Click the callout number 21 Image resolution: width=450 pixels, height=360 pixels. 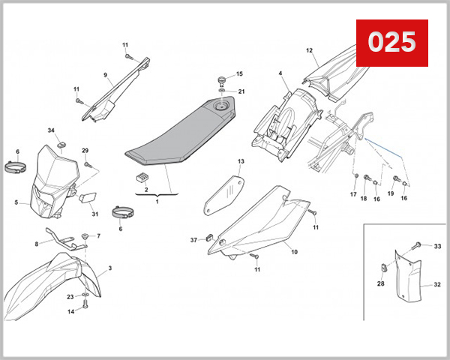(241, 91)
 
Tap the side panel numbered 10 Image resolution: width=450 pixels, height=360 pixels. (270, 217)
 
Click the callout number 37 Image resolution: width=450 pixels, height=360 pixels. (193, 239)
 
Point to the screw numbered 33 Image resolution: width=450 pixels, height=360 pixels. (418, 246)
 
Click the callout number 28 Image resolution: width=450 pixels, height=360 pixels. (381, 283)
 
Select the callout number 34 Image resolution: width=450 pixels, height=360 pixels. (52, 131)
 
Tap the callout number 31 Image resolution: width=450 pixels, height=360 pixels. (95, 214)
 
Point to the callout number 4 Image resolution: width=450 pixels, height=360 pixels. (280, 73)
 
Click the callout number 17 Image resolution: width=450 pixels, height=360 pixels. (353, 194)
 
